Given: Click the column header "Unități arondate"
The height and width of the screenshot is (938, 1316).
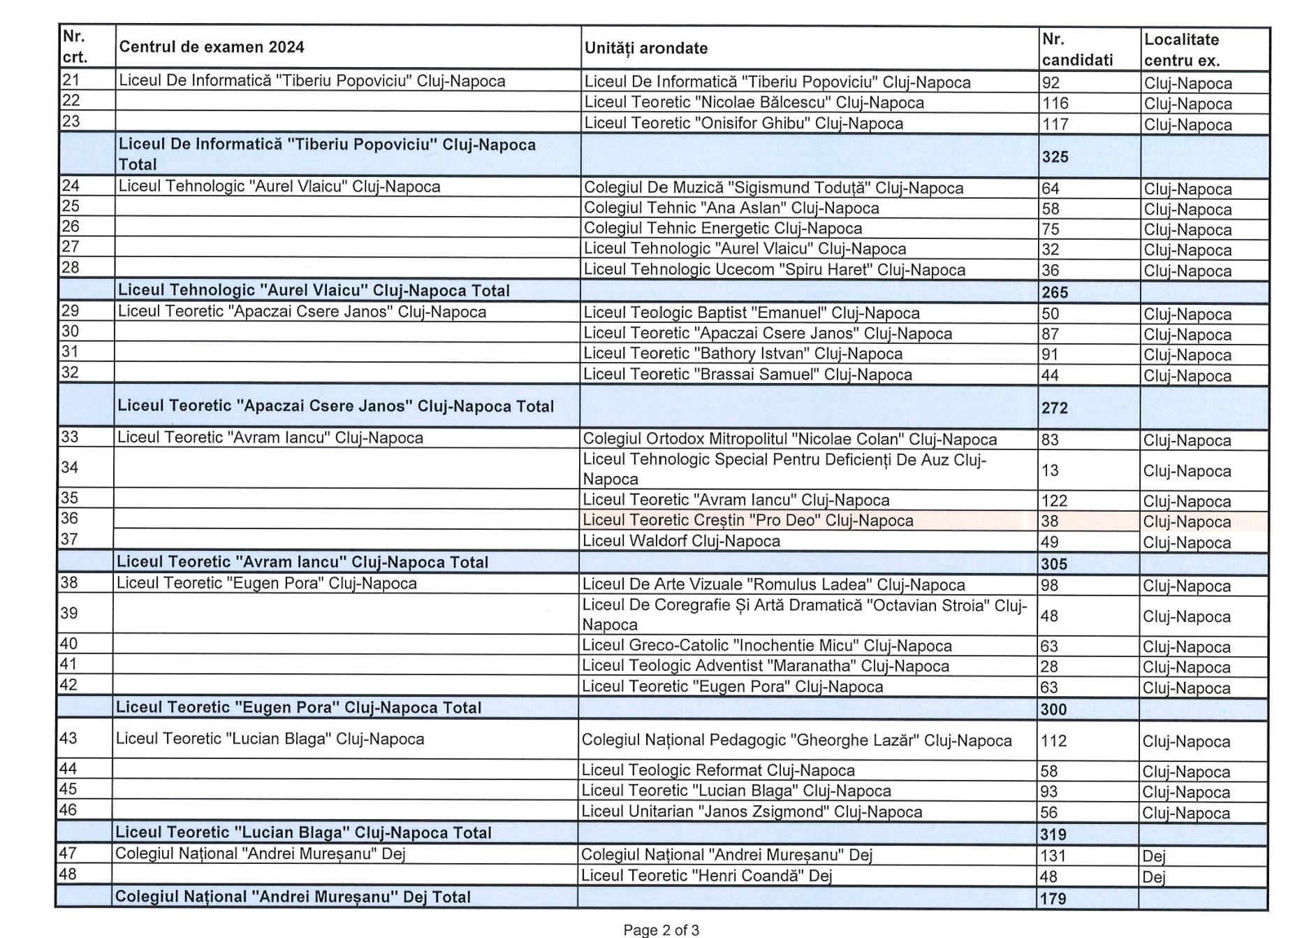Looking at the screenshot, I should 646,48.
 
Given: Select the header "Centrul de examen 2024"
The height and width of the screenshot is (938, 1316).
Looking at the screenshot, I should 212,47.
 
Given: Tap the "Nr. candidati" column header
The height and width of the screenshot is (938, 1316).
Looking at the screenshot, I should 1077,50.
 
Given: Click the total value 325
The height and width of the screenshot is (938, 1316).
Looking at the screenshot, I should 1055,157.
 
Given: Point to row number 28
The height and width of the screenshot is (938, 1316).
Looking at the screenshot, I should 71,268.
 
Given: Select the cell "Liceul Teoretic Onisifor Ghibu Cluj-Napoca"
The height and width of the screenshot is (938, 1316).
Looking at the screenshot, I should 743,124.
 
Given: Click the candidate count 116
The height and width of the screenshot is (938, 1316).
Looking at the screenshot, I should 1055,103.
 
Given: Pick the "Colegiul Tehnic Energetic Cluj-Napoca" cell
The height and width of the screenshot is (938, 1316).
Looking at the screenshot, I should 722,229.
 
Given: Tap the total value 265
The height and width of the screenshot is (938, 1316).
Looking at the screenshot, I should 1055,292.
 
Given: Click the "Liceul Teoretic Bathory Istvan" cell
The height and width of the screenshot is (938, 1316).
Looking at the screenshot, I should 743,354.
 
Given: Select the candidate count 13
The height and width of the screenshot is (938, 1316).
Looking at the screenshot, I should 1050,470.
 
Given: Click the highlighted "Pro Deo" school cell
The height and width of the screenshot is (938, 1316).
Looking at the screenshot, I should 747,521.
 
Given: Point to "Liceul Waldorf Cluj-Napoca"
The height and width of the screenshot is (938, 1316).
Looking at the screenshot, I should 681,541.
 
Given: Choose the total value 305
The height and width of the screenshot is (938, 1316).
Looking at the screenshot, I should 1054,563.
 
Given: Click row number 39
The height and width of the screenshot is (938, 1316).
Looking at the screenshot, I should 69,614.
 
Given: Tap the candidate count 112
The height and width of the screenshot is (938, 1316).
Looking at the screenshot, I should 1053,741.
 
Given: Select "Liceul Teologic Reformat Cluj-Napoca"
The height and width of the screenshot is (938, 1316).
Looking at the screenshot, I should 718,771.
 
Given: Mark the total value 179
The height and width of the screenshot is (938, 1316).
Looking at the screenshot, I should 1053,898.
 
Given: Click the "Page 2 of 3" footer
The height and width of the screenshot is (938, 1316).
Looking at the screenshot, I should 661,930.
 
